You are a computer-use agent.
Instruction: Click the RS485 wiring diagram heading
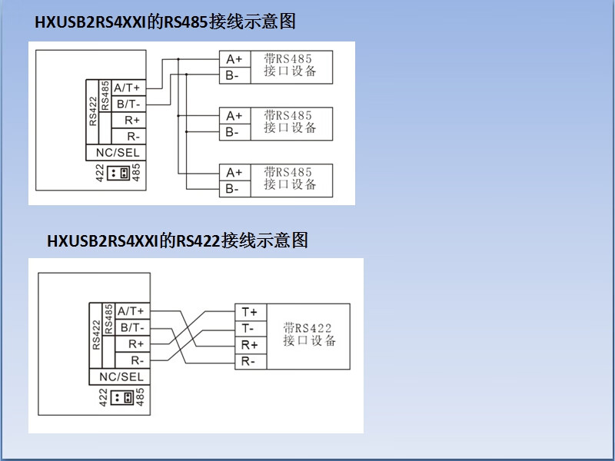click(x=165, y=22)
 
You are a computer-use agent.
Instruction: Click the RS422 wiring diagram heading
click(x=178, y=240)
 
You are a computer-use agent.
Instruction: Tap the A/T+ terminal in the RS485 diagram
click(x=128, y=88)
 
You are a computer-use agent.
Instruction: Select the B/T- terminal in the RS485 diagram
click(x=128, y=104)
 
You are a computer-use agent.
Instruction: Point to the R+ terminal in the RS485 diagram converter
click(x=128, y=121)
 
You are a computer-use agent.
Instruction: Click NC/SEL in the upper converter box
click(x=116, y=152)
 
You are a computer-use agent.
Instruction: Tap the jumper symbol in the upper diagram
click(x=118, y=173)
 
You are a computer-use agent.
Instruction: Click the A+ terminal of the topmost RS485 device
click(x=235, y=59)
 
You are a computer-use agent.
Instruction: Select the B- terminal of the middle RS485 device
click(x=235, y=132)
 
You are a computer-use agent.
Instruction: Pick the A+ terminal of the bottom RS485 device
click(x=235, y=172)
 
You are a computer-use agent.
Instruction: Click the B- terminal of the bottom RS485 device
click(x=235, y=189)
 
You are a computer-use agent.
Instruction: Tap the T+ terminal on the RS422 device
click(x=251, y=312)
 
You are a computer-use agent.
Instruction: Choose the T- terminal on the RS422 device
click(x=251, y=329)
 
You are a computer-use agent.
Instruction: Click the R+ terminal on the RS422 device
click(x=251, y=345)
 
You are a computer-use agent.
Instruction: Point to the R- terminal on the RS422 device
click(x=251, y=361)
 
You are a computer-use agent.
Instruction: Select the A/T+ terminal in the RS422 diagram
click(x=132, y=311)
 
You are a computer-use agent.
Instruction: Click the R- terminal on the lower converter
click(x=132, y=360)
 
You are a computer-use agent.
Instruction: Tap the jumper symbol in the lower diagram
click(x=122, y=397)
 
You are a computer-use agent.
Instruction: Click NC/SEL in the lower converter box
click(x=120, y=376)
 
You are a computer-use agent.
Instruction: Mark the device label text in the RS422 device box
click(x=309, y=334)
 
